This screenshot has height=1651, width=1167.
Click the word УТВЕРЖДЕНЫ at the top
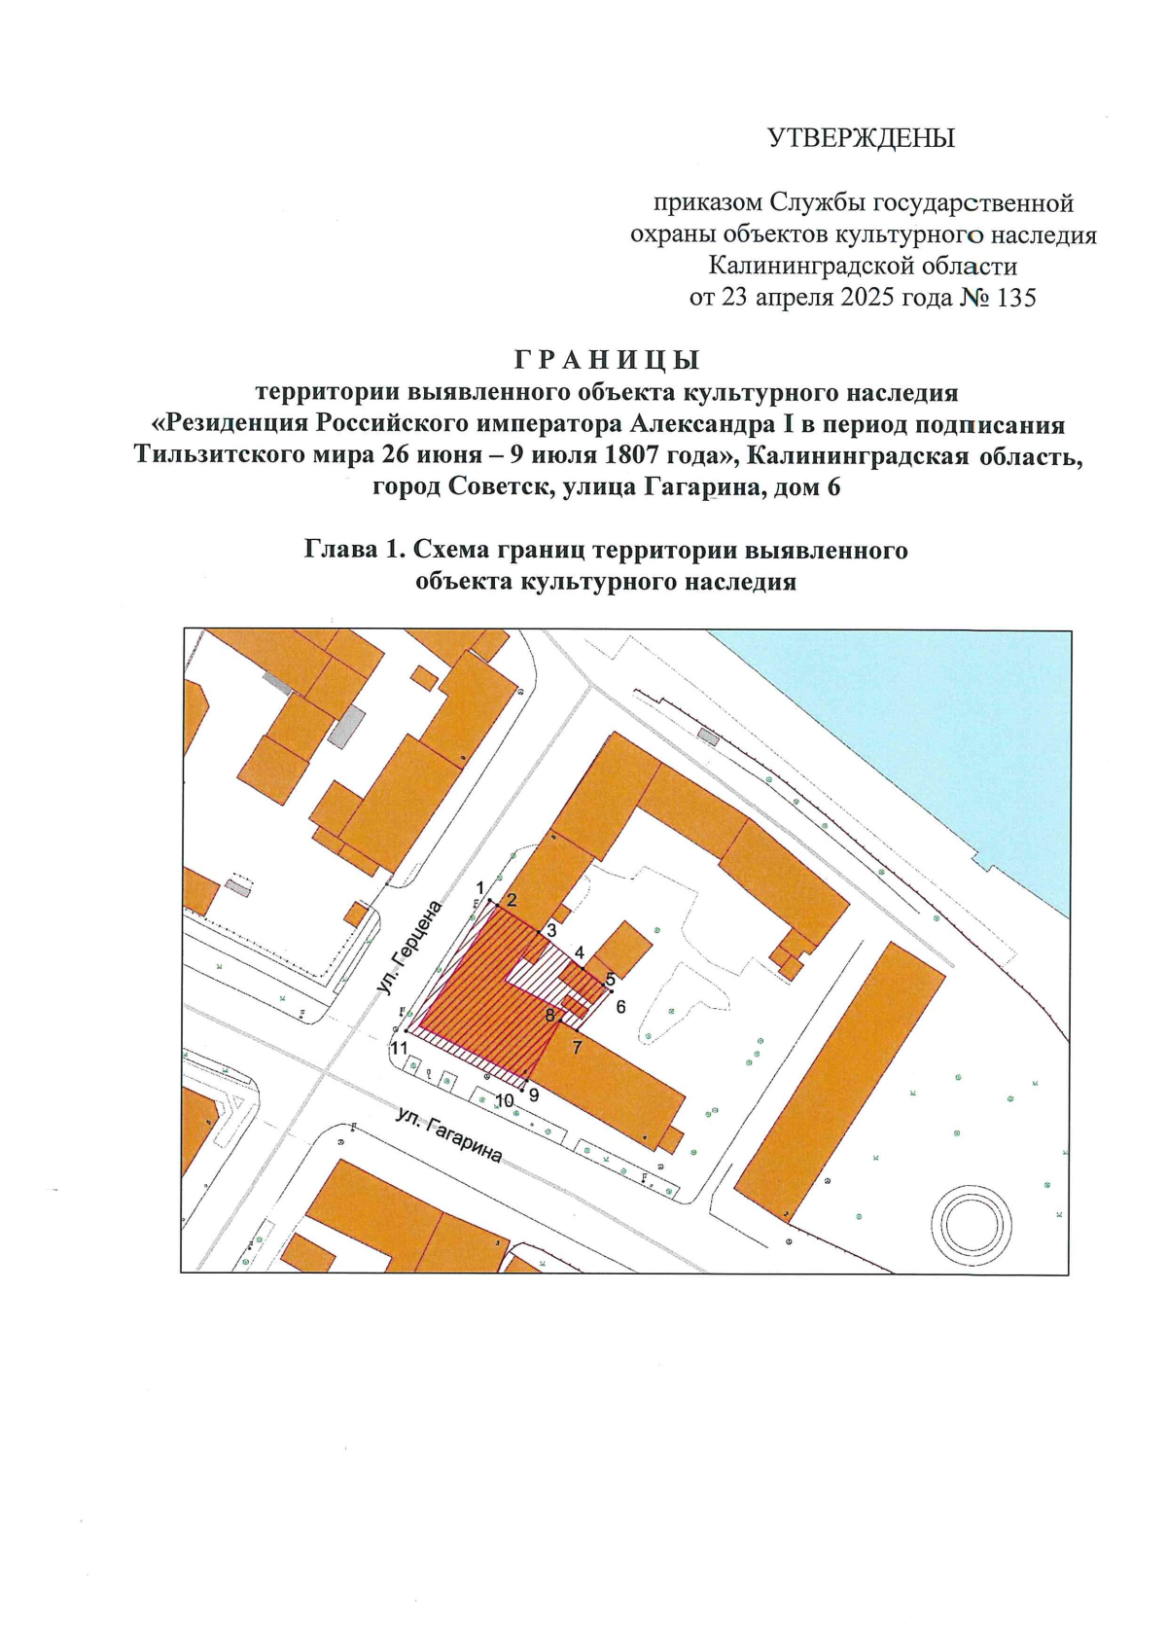coord(861,138)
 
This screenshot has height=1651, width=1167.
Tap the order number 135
coord(1016,298)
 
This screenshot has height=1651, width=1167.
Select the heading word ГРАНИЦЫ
coord(606,360)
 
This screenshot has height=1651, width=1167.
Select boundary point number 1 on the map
coord(479,887)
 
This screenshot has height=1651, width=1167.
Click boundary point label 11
coord(398,1048)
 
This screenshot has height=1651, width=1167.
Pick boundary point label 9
coord(534,1094)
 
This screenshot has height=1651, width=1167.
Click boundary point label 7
coord(577,1048)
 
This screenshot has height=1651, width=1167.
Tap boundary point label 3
coord(551,930)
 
